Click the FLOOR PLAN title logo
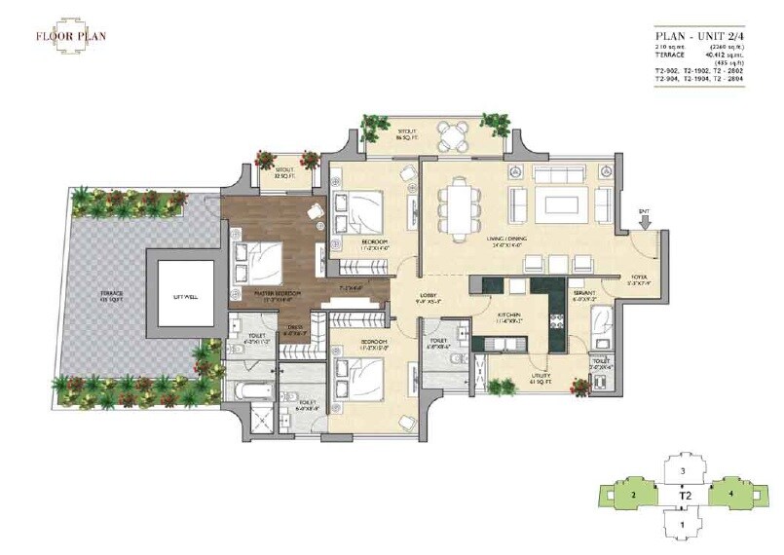(71, 37)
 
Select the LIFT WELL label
(186, 296)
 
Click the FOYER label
(639, 278)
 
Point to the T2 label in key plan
(685, 497)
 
